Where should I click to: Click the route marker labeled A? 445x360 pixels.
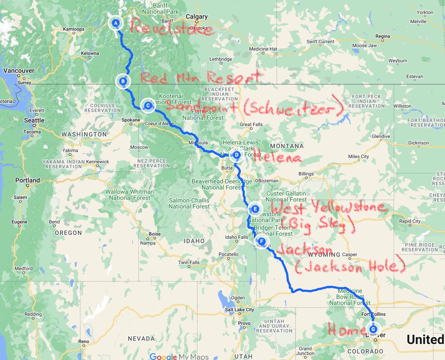pos(116,23)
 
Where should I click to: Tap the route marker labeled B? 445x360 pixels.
pos(123,81)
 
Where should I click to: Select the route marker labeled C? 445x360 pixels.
pos(148,105)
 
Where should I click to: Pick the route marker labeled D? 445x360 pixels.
pos(236,155)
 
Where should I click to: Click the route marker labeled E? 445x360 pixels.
pos(255,209)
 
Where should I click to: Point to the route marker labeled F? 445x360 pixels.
pos(261,241)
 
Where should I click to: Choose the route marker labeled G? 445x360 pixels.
pos(373,329)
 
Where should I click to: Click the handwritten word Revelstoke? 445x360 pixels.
pos(171,27)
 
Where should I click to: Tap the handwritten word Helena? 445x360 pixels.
pos(277,157)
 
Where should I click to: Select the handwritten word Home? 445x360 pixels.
pos(346,330)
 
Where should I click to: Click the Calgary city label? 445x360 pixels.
pos(197,16)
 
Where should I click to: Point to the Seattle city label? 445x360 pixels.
pos(34,120)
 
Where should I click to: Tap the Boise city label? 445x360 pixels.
pos(155,234)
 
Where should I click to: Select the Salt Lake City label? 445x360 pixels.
pos(239,310)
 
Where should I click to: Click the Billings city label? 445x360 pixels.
pos(306,174)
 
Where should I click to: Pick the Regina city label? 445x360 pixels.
pos(383,36)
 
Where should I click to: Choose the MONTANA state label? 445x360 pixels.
pos(287,146)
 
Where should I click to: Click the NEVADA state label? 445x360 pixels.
pos(141,339)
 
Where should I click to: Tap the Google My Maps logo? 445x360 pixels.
pos(179,356)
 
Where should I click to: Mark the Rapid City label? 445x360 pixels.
pos(410,221)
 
